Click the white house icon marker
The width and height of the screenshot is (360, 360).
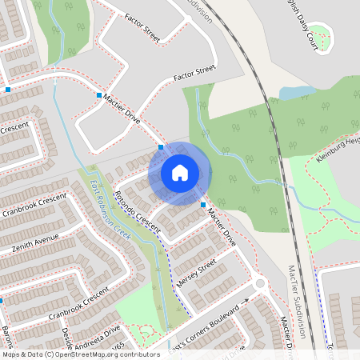[179, 172]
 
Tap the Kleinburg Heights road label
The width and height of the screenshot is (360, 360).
[337, 149]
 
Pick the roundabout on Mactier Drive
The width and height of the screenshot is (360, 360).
[259, 283]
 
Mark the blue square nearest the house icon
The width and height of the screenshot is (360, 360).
[161, 147]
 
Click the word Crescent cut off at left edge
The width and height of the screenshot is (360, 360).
[14, 128]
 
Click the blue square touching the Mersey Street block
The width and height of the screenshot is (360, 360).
[202, 206]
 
